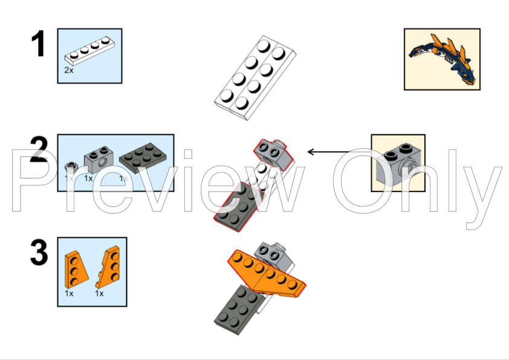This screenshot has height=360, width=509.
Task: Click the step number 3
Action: click(x=39, y=253)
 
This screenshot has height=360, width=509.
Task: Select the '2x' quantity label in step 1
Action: click(x=70, y=70)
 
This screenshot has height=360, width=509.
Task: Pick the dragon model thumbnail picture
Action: click(x=441, y=59)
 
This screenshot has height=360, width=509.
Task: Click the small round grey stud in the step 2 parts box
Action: click(x=71, y=166)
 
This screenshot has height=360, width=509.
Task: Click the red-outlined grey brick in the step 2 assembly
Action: click(x=271, y=150)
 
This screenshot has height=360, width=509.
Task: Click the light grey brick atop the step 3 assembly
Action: click(x=275, y=254)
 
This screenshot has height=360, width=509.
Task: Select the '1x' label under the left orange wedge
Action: click(x=70, y=293)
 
